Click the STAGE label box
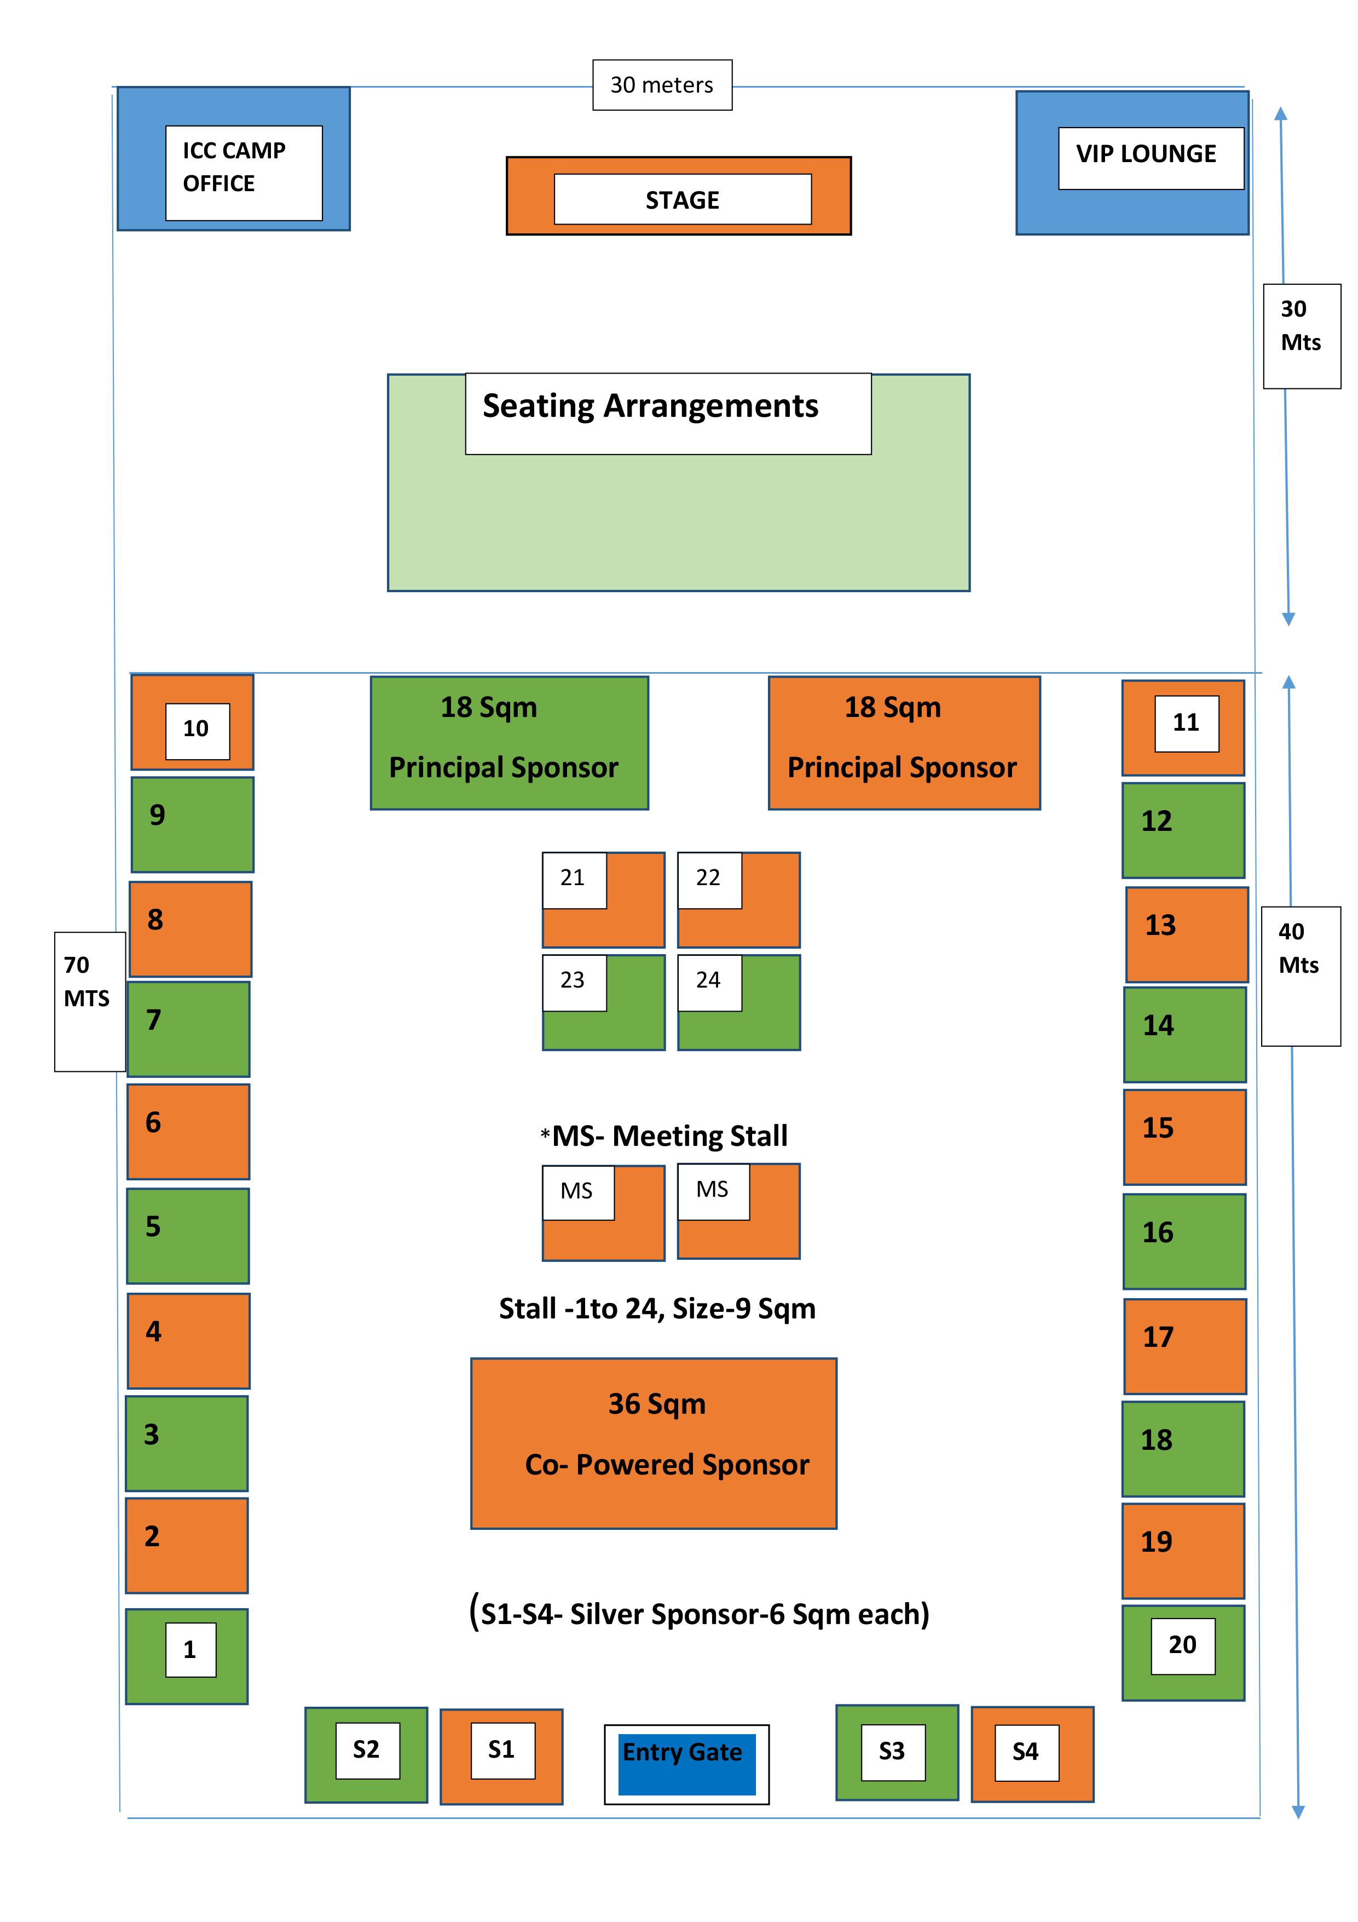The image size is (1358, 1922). tap(683, 199)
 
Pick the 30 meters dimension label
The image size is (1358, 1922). tap(662, 84)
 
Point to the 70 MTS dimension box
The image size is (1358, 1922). tap(90, 1001)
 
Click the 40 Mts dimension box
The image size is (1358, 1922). tap(1301, 976)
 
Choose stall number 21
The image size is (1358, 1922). tap(603, 900)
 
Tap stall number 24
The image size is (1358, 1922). tap(739, 1002)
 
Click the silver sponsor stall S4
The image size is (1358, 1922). tap(1032, 1754)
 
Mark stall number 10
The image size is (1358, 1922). tap(193, 721)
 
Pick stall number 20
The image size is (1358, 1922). tap(1183, 1653)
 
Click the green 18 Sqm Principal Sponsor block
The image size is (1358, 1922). tap(510, 743)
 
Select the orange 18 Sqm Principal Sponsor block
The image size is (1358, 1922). tap(904, 743)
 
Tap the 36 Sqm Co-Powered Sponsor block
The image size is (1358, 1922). tap(654, 1443)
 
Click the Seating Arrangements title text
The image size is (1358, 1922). tap(650, 406)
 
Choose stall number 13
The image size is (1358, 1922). tap(1187, 934)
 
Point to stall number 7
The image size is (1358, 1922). tap(188, 1029)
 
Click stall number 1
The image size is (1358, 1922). tap(187, 1656)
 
